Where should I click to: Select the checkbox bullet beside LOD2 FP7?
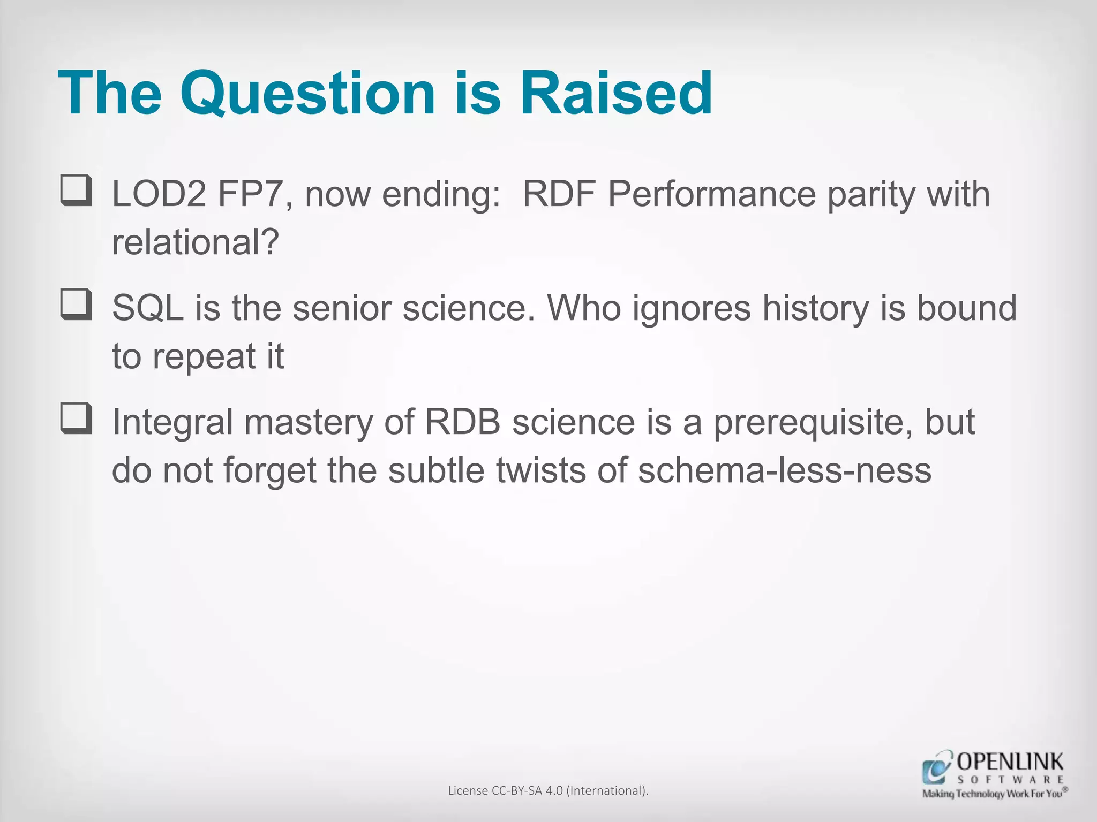click(x=76, y=191)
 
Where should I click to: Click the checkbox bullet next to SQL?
click(x=76, y=305)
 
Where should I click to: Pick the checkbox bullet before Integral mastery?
click(x=76, y=418)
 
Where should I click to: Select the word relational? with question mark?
click(x=196, y=242)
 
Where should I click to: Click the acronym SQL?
click(x=148, y=308)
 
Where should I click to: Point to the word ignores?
click(x=692, y=308)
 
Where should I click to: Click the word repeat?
click(x=204, y=356)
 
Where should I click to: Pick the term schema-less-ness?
click(x=784, y=470)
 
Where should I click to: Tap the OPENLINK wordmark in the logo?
click(x=1010, y=762)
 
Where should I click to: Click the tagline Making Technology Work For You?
click(x=991, y=794)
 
